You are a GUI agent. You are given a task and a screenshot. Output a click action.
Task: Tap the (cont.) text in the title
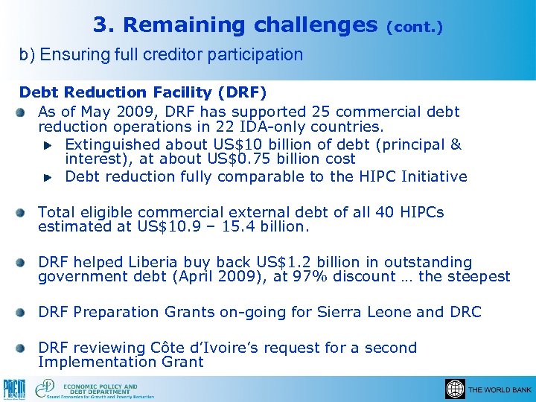pos(415,27)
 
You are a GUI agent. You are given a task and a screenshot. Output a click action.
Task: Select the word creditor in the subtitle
pos(185,54)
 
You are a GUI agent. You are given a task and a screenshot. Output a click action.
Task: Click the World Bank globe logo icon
pos(454,389)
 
